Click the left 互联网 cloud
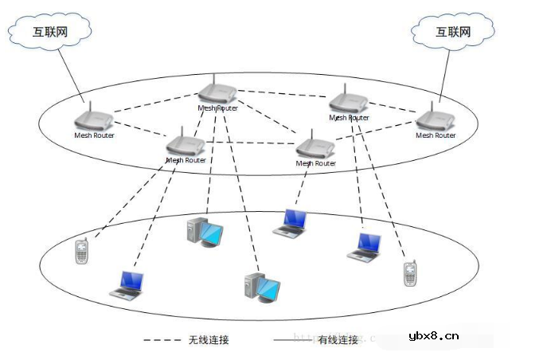click(49, 32)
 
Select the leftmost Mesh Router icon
click(94, 119)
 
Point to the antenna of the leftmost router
click(89, 106)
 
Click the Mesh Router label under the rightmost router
click(436, 135)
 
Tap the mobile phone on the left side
click(81, 252)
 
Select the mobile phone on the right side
click(409, 273)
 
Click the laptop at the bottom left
click(127, 284)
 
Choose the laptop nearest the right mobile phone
click(365, 246)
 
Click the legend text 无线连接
click(209, 340)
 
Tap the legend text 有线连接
click(338, 340)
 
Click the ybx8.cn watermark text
click(433, 335)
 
